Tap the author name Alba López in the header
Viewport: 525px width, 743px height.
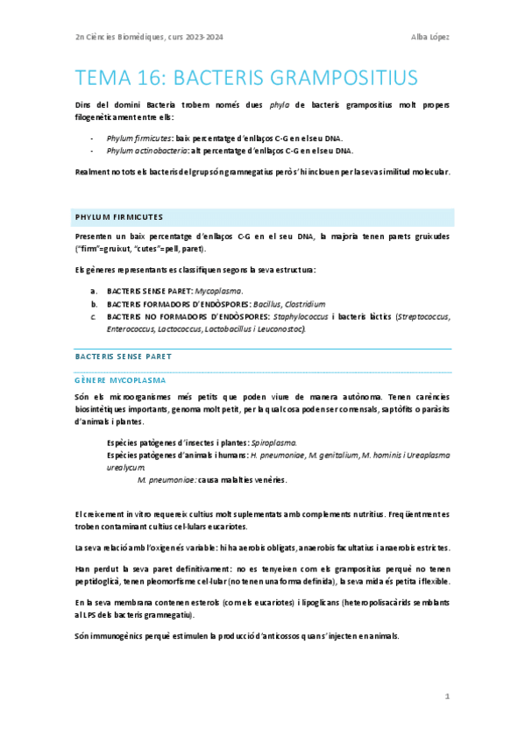tap(430, 36)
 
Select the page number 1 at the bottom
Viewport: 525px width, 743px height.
tap(447, 696)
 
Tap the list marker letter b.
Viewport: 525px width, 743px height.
tap(95, 303)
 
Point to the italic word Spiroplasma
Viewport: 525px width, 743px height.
tap(273, 443)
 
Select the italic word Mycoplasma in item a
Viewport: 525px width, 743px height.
tap(218, 290)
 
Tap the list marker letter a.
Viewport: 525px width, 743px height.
tap(95, 290)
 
